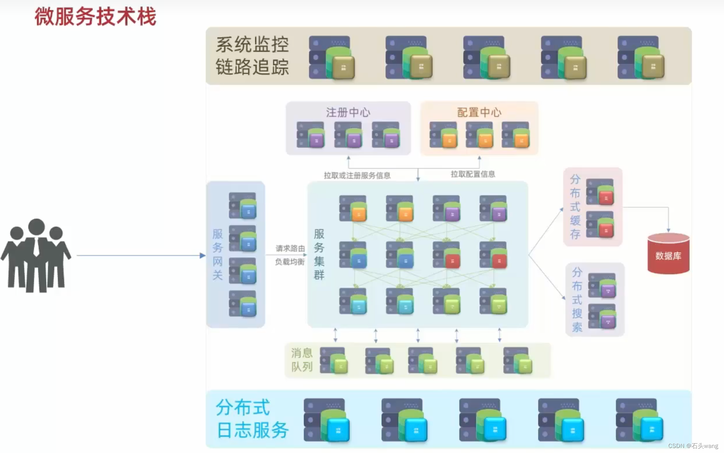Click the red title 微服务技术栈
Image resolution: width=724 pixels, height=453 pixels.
pos(95,17)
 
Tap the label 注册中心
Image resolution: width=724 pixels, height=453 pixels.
pos(348,112)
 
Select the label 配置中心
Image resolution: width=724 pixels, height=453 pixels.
pos(479,112)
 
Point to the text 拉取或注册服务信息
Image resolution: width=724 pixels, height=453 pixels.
pos(357,175)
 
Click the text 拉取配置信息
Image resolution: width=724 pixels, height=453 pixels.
pos(473,174)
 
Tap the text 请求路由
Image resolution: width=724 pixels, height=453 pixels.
pos(290,248)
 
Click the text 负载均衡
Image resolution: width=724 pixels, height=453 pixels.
pos(290,262)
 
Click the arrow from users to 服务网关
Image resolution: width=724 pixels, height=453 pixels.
pos(139,256)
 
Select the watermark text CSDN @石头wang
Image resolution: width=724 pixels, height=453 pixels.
pos(693,446)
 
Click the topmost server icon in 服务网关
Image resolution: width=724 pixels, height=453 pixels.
pos(242,206)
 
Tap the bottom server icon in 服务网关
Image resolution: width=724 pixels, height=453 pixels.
pos(242,304)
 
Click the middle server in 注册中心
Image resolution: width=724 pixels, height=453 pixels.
pos(348,135)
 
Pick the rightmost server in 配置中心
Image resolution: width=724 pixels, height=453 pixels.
pos(516,135)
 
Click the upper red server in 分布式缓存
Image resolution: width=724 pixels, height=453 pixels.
pos(600,192)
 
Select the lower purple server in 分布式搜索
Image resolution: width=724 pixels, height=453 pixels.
pos(602,316)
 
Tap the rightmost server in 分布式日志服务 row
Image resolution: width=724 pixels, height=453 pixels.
pos(639,420)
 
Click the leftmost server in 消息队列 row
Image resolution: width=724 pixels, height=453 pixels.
pos(334,360)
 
